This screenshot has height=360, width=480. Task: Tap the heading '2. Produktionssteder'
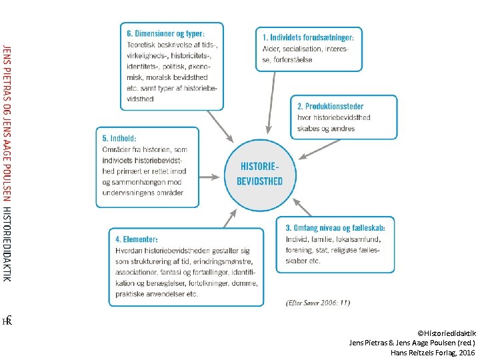coord(331,106)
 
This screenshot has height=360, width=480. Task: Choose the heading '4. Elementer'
coord(137,239)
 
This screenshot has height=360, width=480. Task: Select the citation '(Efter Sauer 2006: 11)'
coord(317,303)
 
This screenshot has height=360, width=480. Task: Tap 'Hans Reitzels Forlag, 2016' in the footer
coord(433,351)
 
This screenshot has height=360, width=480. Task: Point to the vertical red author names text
coord(7,120)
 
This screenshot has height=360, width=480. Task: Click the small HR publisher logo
coord(7,321)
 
